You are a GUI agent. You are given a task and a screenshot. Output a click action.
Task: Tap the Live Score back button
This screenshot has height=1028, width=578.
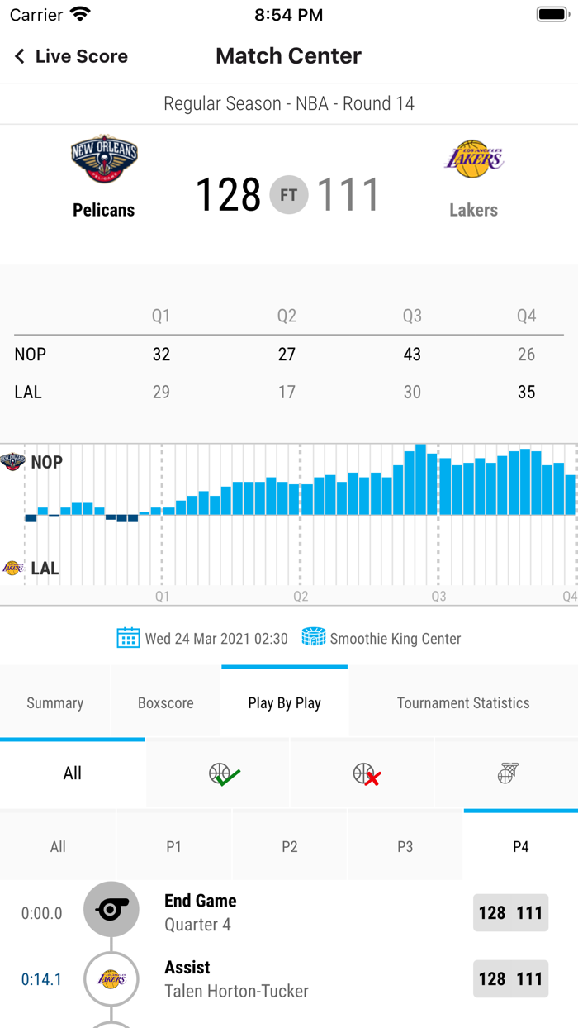click(x=71, y=56)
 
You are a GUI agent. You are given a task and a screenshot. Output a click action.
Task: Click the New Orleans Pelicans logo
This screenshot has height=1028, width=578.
click(x=104, y=159)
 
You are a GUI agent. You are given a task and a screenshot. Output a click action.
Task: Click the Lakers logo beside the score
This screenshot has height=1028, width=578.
click(x=473, y=159)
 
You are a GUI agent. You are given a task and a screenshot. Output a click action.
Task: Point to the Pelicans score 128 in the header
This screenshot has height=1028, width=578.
click(x=228, y=195)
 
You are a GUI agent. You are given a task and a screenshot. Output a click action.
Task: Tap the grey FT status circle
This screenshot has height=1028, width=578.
click(x=289, y=196)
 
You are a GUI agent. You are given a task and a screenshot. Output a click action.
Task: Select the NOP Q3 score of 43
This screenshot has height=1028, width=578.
click(x=412, y=355)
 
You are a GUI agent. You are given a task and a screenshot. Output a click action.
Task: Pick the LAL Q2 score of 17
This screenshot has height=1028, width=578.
click(x=287, y=393)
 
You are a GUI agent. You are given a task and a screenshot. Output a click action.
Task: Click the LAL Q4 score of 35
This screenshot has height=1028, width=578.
click(x=526, y=393)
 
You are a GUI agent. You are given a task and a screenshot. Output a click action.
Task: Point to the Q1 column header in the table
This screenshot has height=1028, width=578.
click(x=161, y=316)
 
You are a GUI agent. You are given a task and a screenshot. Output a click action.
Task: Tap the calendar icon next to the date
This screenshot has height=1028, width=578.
click(x=128, y=638)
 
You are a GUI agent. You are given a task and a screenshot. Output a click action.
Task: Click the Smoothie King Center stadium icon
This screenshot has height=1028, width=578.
click(x=314, y=637)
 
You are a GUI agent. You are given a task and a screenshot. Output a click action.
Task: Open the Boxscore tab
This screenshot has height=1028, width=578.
click(x=166, y=703)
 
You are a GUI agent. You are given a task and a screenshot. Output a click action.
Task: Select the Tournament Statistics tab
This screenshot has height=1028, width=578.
click(x=463, y=703)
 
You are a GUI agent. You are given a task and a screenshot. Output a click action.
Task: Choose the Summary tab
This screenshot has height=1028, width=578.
click(x=55, y=703)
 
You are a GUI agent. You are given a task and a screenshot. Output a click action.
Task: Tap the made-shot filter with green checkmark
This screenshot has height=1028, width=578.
click(x=224, y=774)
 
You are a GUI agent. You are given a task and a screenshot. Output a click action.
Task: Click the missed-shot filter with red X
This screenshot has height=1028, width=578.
click(x=367, y=774)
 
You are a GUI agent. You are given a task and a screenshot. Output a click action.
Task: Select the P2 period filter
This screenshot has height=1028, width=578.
click(x=290, y=847)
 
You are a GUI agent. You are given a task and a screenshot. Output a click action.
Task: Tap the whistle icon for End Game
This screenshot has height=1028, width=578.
click(x=111, y=910)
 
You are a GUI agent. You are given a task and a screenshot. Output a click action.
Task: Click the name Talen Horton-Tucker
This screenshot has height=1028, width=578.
click(x=237, y=991)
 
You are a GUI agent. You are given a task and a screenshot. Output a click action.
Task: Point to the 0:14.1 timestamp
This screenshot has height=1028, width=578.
click(x=41, y=980)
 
